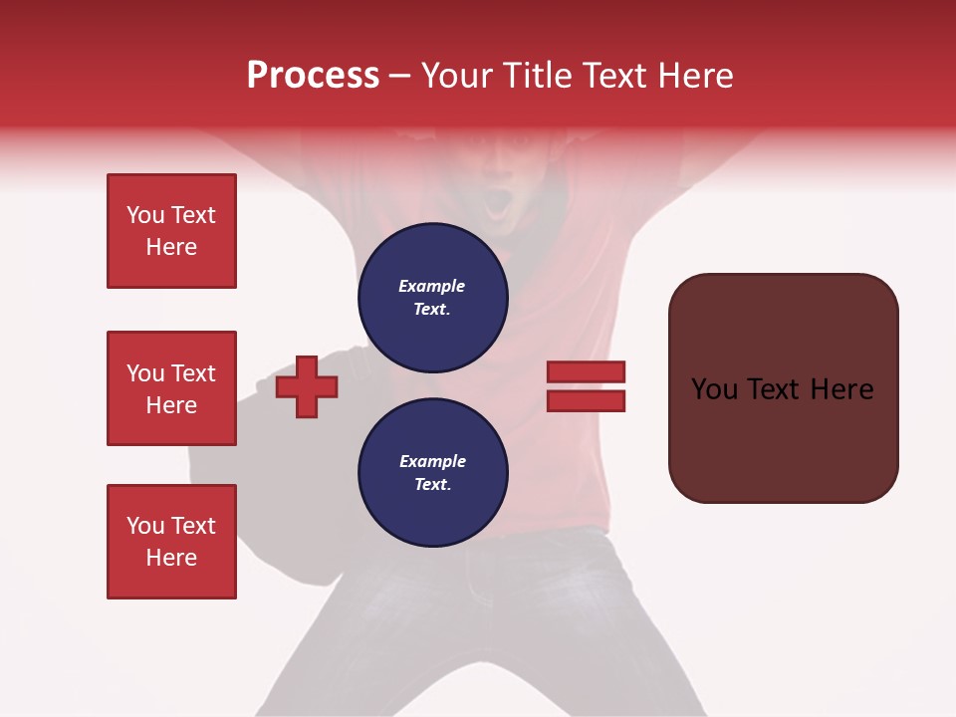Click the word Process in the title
313,76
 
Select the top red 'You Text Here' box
171,231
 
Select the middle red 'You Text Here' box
171,388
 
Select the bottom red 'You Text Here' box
171,542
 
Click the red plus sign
307,386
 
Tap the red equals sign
586,386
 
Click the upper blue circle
433,298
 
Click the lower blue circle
433,473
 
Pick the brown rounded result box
783,388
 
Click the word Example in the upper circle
432,287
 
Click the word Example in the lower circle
432,462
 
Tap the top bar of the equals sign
586,372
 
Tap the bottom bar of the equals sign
586,400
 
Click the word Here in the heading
694,76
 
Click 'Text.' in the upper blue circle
432,310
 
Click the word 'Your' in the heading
457,76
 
